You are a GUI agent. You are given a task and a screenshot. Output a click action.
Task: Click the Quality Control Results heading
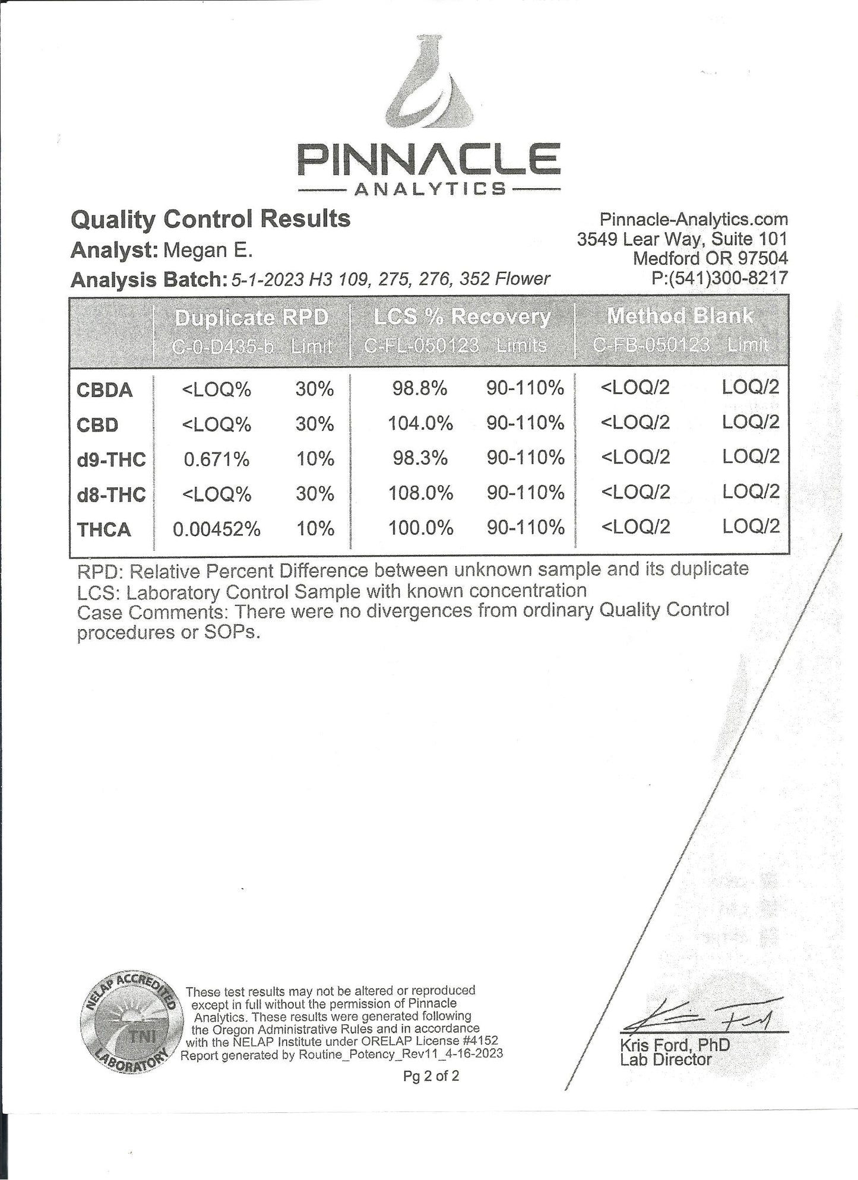(x=210, y=219)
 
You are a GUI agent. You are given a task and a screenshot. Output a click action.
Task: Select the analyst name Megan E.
(x=208, y=250)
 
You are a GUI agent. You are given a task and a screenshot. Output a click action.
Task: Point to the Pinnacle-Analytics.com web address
(x=694, y=219)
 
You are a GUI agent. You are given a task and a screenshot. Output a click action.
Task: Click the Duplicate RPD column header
(x=251, y=318)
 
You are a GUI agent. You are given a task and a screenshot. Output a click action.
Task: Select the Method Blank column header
(x=680, y=316)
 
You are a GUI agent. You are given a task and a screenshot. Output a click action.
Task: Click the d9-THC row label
(x=111, y=459)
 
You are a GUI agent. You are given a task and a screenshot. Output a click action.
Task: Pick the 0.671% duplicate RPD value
(x=216, y=459)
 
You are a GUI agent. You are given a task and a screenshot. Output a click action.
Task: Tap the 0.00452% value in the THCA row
(x=216, y=529)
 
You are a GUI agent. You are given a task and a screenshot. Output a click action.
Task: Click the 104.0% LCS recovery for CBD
(x=420, y=424)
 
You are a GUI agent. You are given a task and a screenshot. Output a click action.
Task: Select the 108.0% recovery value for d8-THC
(x=420, y=493)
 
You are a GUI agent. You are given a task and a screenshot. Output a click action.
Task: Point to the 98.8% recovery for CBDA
(x=419, y=389)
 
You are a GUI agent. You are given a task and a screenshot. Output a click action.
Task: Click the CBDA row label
(x=104, y=390)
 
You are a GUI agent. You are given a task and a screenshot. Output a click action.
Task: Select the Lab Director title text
(x=665, y=1060)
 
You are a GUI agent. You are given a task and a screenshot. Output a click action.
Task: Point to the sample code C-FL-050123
(x=420, y=345)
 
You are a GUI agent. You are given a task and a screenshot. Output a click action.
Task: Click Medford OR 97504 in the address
(x=710, y=258)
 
